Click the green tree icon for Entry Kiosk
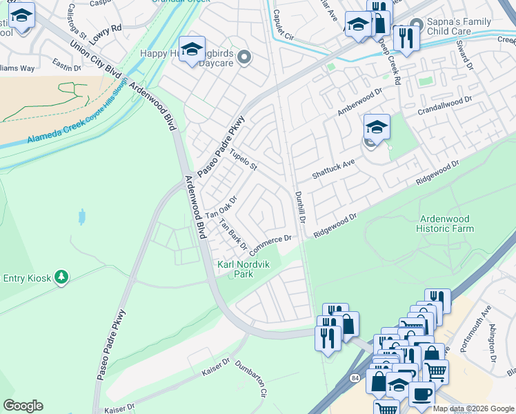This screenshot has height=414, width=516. tap(62, 277)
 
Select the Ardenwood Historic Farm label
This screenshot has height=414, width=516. tap(446, 224)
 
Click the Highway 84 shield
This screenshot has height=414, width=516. tap(355, 379)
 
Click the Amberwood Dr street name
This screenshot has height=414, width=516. tap(359, 102)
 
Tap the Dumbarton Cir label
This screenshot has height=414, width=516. tap(250, 379)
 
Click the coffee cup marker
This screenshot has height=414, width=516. tap(421, 394)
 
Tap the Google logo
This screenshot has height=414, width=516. tap(23, 406)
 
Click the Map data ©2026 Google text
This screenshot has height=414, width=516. tap(473, 408)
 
